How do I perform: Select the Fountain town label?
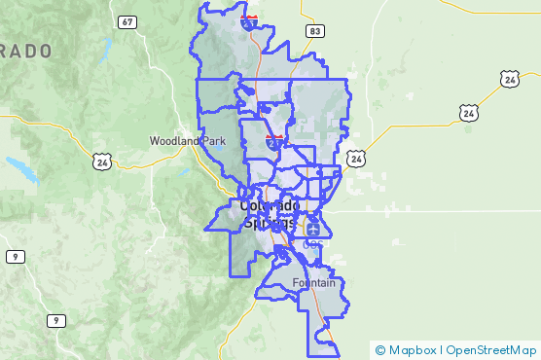click(313, 283)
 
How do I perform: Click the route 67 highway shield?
click(127, 21)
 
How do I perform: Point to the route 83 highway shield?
click(313, 31)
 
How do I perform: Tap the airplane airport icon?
click(313, 230)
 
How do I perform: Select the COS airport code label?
click(312, 244)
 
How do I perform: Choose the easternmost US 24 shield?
click(510, 79)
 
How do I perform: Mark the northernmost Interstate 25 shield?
click(250, 21)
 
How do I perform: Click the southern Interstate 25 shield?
click(275, 142)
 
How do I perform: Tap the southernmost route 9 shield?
click(57, 320)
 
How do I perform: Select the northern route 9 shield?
click(15, 256)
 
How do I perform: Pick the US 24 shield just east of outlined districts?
click(357, 158)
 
